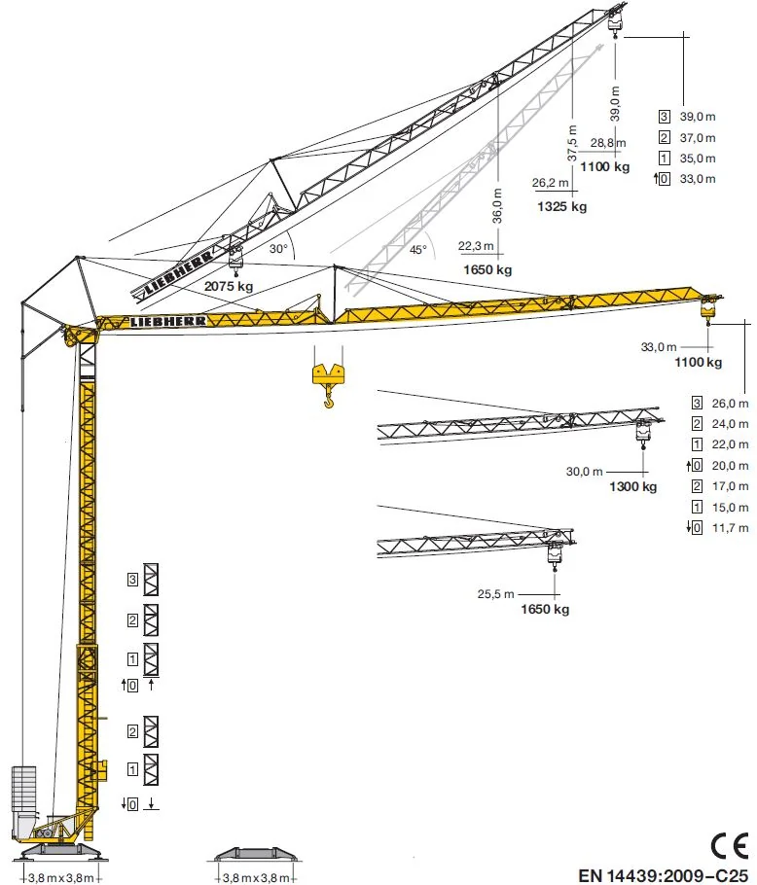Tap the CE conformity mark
pyautogui.click(x=730, y=845)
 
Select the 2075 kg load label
pyautogui.click(x=229, y=286)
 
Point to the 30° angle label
pyautogui.click(x=278, y=249)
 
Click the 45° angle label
pyautogui.click(x=418, y=250)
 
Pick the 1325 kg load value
pyautogui.click(x=561, y=206)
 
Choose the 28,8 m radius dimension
pyautogui.click(x=608, y=143)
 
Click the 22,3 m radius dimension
pyautogui.click(x=476, y=246)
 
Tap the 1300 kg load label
pyautogui.click(x=632, y=486)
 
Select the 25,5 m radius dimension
pyautogui.click(x=495, y=594)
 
